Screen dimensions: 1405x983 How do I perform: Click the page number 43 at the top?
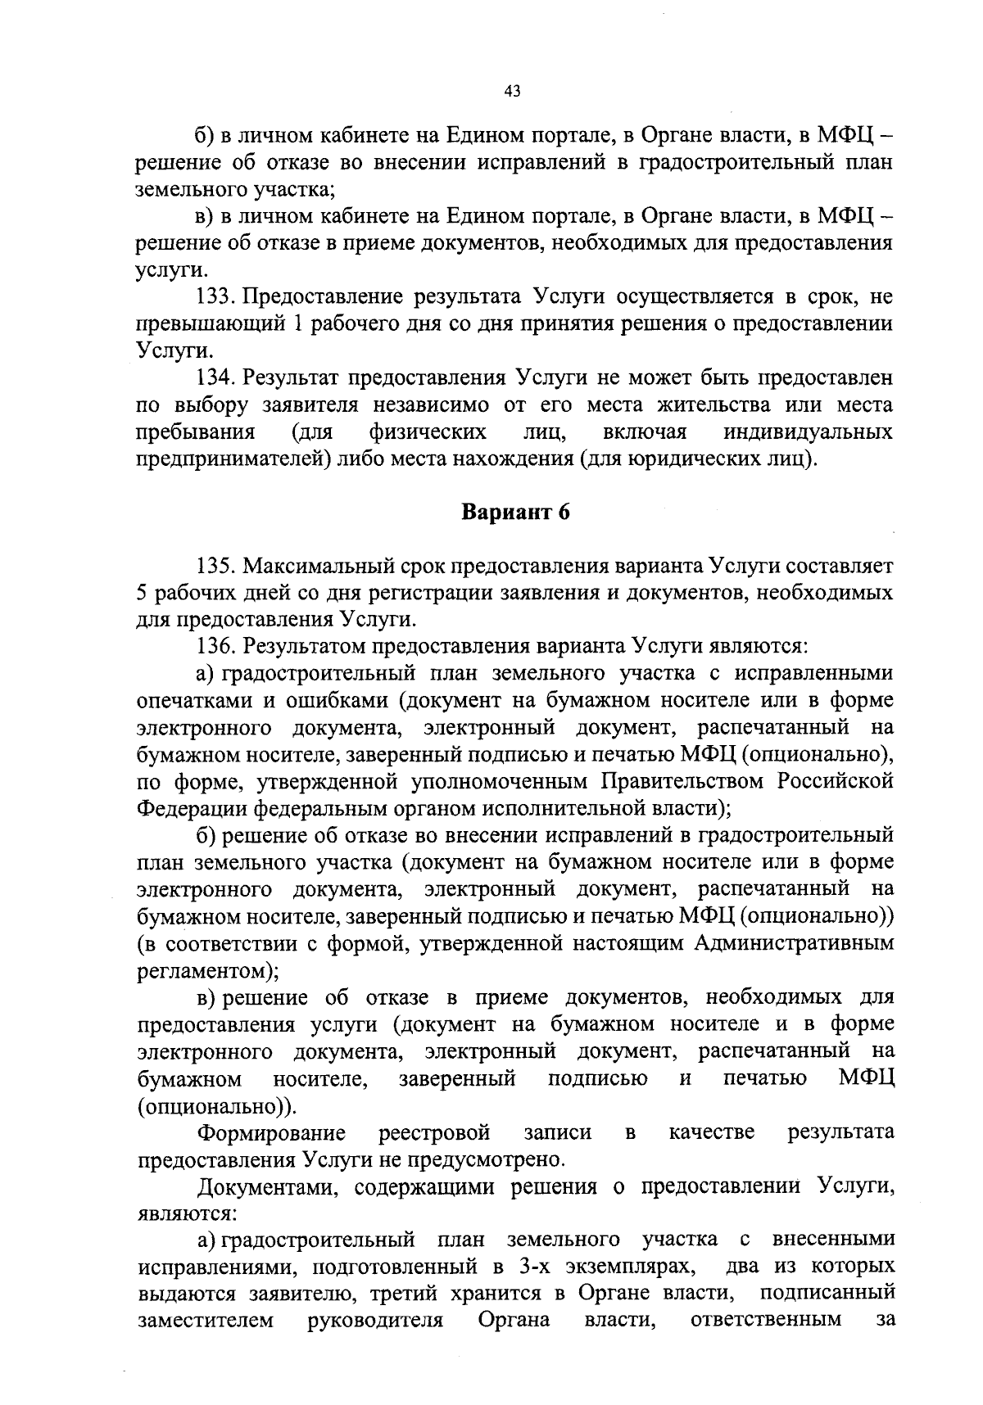514,91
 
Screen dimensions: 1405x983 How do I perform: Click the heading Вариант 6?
515,513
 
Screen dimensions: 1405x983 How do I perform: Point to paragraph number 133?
217,296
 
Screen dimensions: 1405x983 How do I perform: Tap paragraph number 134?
217,377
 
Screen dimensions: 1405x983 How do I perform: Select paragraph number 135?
217,566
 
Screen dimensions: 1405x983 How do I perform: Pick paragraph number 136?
217,647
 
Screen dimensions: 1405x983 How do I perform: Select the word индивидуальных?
808,431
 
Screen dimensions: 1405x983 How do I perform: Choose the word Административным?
793,943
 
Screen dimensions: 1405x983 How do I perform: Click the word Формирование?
272,1132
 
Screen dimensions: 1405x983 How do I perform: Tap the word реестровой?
434,1132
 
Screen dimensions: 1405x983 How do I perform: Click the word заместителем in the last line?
206,1320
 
